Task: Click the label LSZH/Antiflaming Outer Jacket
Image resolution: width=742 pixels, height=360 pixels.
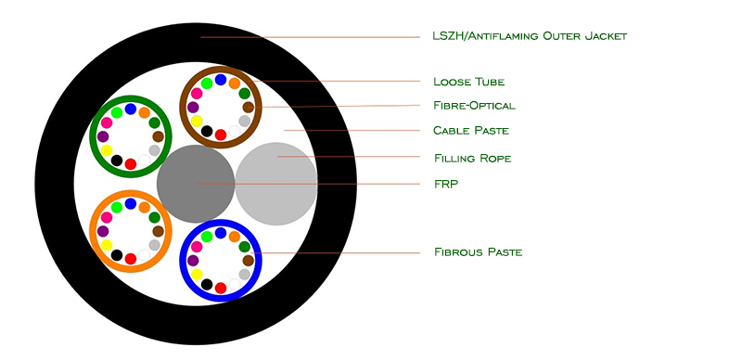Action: (x=530, y=36)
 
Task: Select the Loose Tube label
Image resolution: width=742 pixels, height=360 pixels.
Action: (x=469, y=82)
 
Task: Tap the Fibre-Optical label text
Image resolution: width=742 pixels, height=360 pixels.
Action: (x=474, y=105)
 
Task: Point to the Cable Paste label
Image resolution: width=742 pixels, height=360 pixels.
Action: (x=471, y=130)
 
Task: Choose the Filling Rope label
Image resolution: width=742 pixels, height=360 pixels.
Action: (x=473, y=158)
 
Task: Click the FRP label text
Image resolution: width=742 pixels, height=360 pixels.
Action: (x=446, y=184)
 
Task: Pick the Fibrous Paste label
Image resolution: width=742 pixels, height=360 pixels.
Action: (x=478, y=252)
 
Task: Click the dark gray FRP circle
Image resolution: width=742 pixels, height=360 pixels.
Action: (x=196, y=184)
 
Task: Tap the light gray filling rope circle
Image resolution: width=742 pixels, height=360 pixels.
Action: (x=276, y=184)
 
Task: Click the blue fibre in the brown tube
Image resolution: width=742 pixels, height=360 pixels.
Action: (x=221, y=80)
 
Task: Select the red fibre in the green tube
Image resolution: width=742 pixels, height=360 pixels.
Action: (x=131, y=164)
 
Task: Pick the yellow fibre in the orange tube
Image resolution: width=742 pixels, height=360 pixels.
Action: (x=107, y=245)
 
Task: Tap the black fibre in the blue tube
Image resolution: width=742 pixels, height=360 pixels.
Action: (x=207, y=284)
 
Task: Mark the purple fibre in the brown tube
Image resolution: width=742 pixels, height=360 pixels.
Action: (x=193, y=107)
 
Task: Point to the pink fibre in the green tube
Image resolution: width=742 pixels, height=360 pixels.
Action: (x=107, y=122)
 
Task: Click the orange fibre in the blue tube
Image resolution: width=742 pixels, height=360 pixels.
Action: (x=235, y=237)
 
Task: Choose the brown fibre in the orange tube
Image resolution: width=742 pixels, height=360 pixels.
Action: (x=158, y=231)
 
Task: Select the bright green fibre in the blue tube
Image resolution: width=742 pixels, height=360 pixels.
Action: (x=207, y=237)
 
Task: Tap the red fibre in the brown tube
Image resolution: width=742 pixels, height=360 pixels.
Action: (x=221, y=135)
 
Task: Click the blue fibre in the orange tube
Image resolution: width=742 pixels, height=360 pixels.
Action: (x=131, y=204)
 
